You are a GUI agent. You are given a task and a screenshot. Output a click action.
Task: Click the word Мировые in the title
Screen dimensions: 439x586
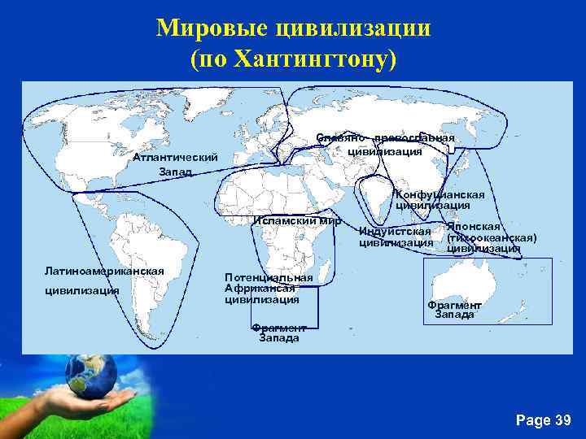pos(212,29)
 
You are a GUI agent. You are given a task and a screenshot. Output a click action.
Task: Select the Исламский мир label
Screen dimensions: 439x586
pos(297,220)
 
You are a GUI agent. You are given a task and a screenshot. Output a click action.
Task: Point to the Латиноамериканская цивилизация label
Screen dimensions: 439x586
pos(104,280)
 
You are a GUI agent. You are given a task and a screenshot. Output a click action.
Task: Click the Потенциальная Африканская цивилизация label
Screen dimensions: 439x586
pos(268,289)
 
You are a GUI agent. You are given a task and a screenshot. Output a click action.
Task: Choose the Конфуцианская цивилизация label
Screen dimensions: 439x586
pos(439,200)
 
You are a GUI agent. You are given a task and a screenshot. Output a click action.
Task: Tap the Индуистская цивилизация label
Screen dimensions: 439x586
pos(396,237)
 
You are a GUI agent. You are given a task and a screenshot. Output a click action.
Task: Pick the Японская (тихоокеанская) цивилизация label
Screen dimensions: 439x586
pos(490,237)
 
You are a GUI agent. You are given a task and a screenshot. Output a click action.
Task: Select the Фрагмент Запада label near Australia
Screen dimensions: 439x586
pos(454,310)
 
